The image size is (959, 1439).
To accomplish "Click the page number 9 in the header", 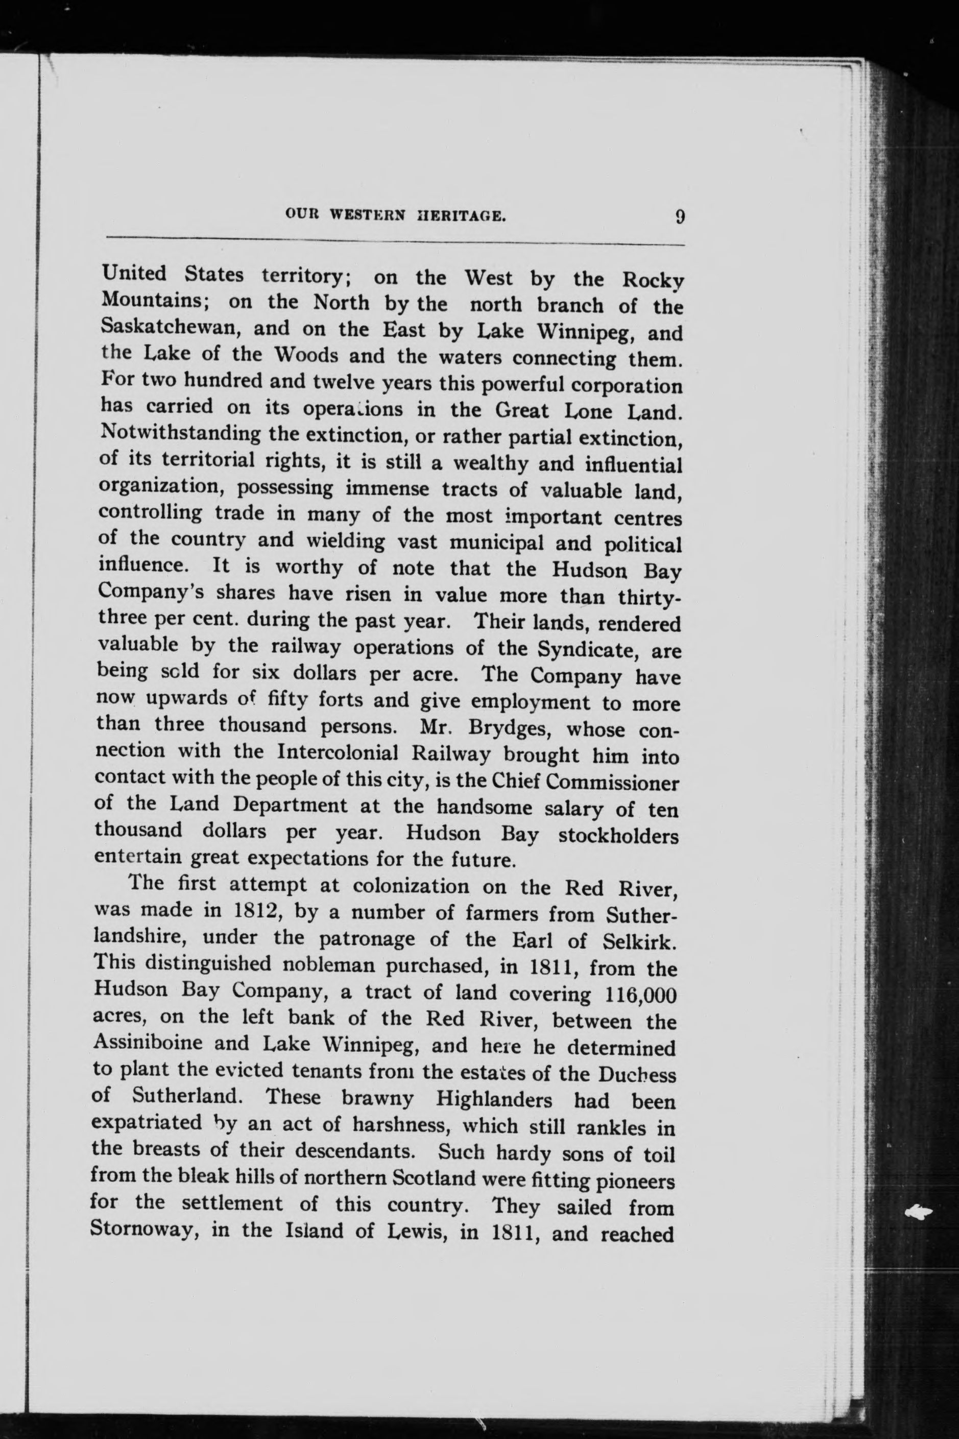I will (680, 217).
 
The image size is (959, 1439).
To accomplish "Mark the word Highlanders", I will (494, 1100).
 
